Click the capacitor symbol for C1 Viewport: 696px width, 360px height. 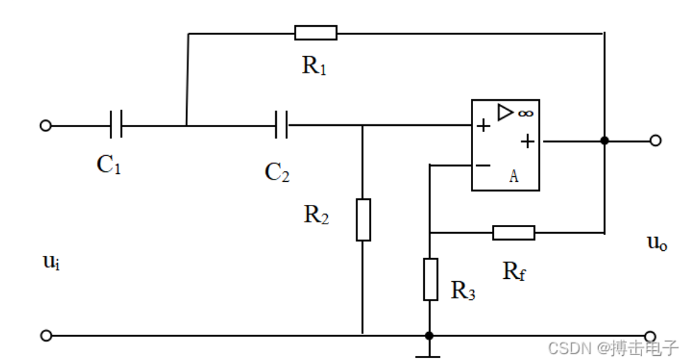point(116,125)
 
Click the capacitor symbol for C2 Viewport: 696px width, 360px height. point(282,125)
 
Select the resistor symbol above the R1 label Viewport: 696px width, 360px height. point(316,33)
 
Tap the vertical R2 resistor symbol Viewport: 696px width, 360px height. point(363,219)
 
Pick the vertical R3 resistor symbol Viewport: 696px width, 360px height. point(430,279)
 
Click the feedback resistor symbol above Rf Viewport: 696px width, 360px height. point(514,233)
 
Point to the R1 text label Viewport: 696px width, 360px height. point(314,66)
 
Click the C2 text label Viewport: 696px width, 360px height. point(277,172)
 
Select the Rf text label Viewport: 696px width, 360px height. point(514,271)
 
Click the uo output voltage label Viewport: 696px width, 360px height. point(657,243)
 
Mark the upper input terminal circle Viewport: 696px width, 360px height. point(45,126)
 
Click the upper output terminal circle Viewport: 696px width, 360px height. point(655,141)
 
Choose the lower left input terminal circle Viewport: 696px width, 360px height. point(45,336)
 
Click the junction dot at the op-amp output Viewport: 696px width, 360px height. point(604,141)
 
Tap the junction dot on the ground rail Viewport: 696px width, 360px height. point(429,336)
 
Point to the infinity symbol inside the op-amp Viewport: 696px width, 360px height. point(525,114)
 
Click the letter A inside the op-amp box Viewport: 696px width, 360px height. point(514,176)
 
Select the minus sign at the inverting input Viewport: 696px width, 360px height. point(483,166)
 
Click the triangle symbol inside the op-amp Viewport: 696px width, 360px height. point(505,113)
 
